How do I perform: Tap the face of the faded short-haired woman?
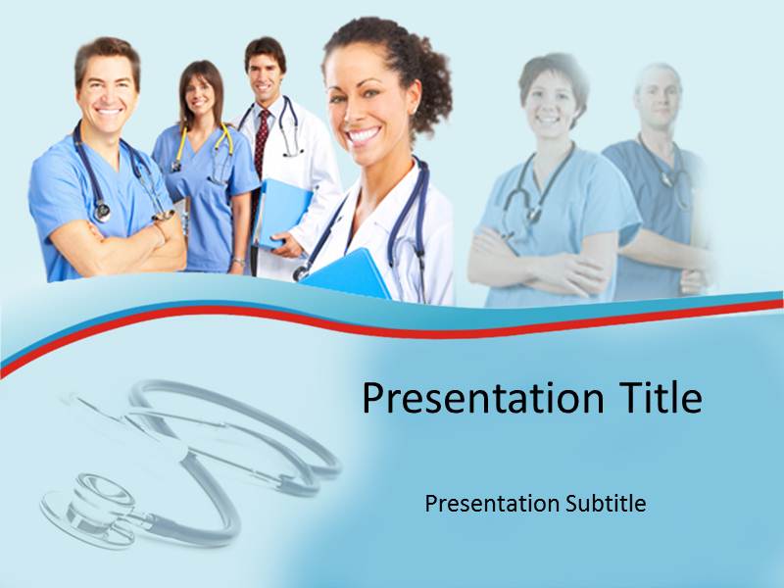coord(552,98)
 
